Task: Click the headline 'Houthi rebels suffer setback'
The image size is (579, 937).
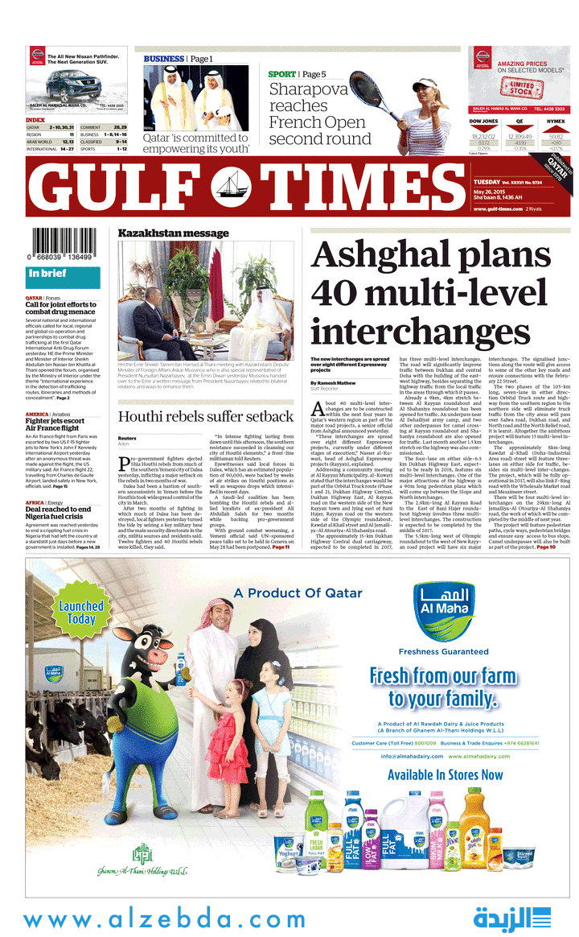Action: [205, 416]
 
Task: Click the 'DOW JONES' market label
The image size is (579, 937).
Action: [483, 122]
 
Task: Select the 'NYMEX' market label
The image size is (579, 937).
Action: [556, 122]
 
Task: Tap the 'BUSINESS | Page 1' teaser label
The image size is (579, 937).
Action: [178, 59]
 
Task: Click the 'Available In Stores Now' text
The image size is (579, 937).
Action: [445, 775]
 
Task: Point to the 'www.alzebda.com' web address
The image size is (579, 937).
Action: [164, 919]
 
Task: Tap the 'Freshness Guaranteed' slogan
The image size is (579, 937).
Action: [443, 651]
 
